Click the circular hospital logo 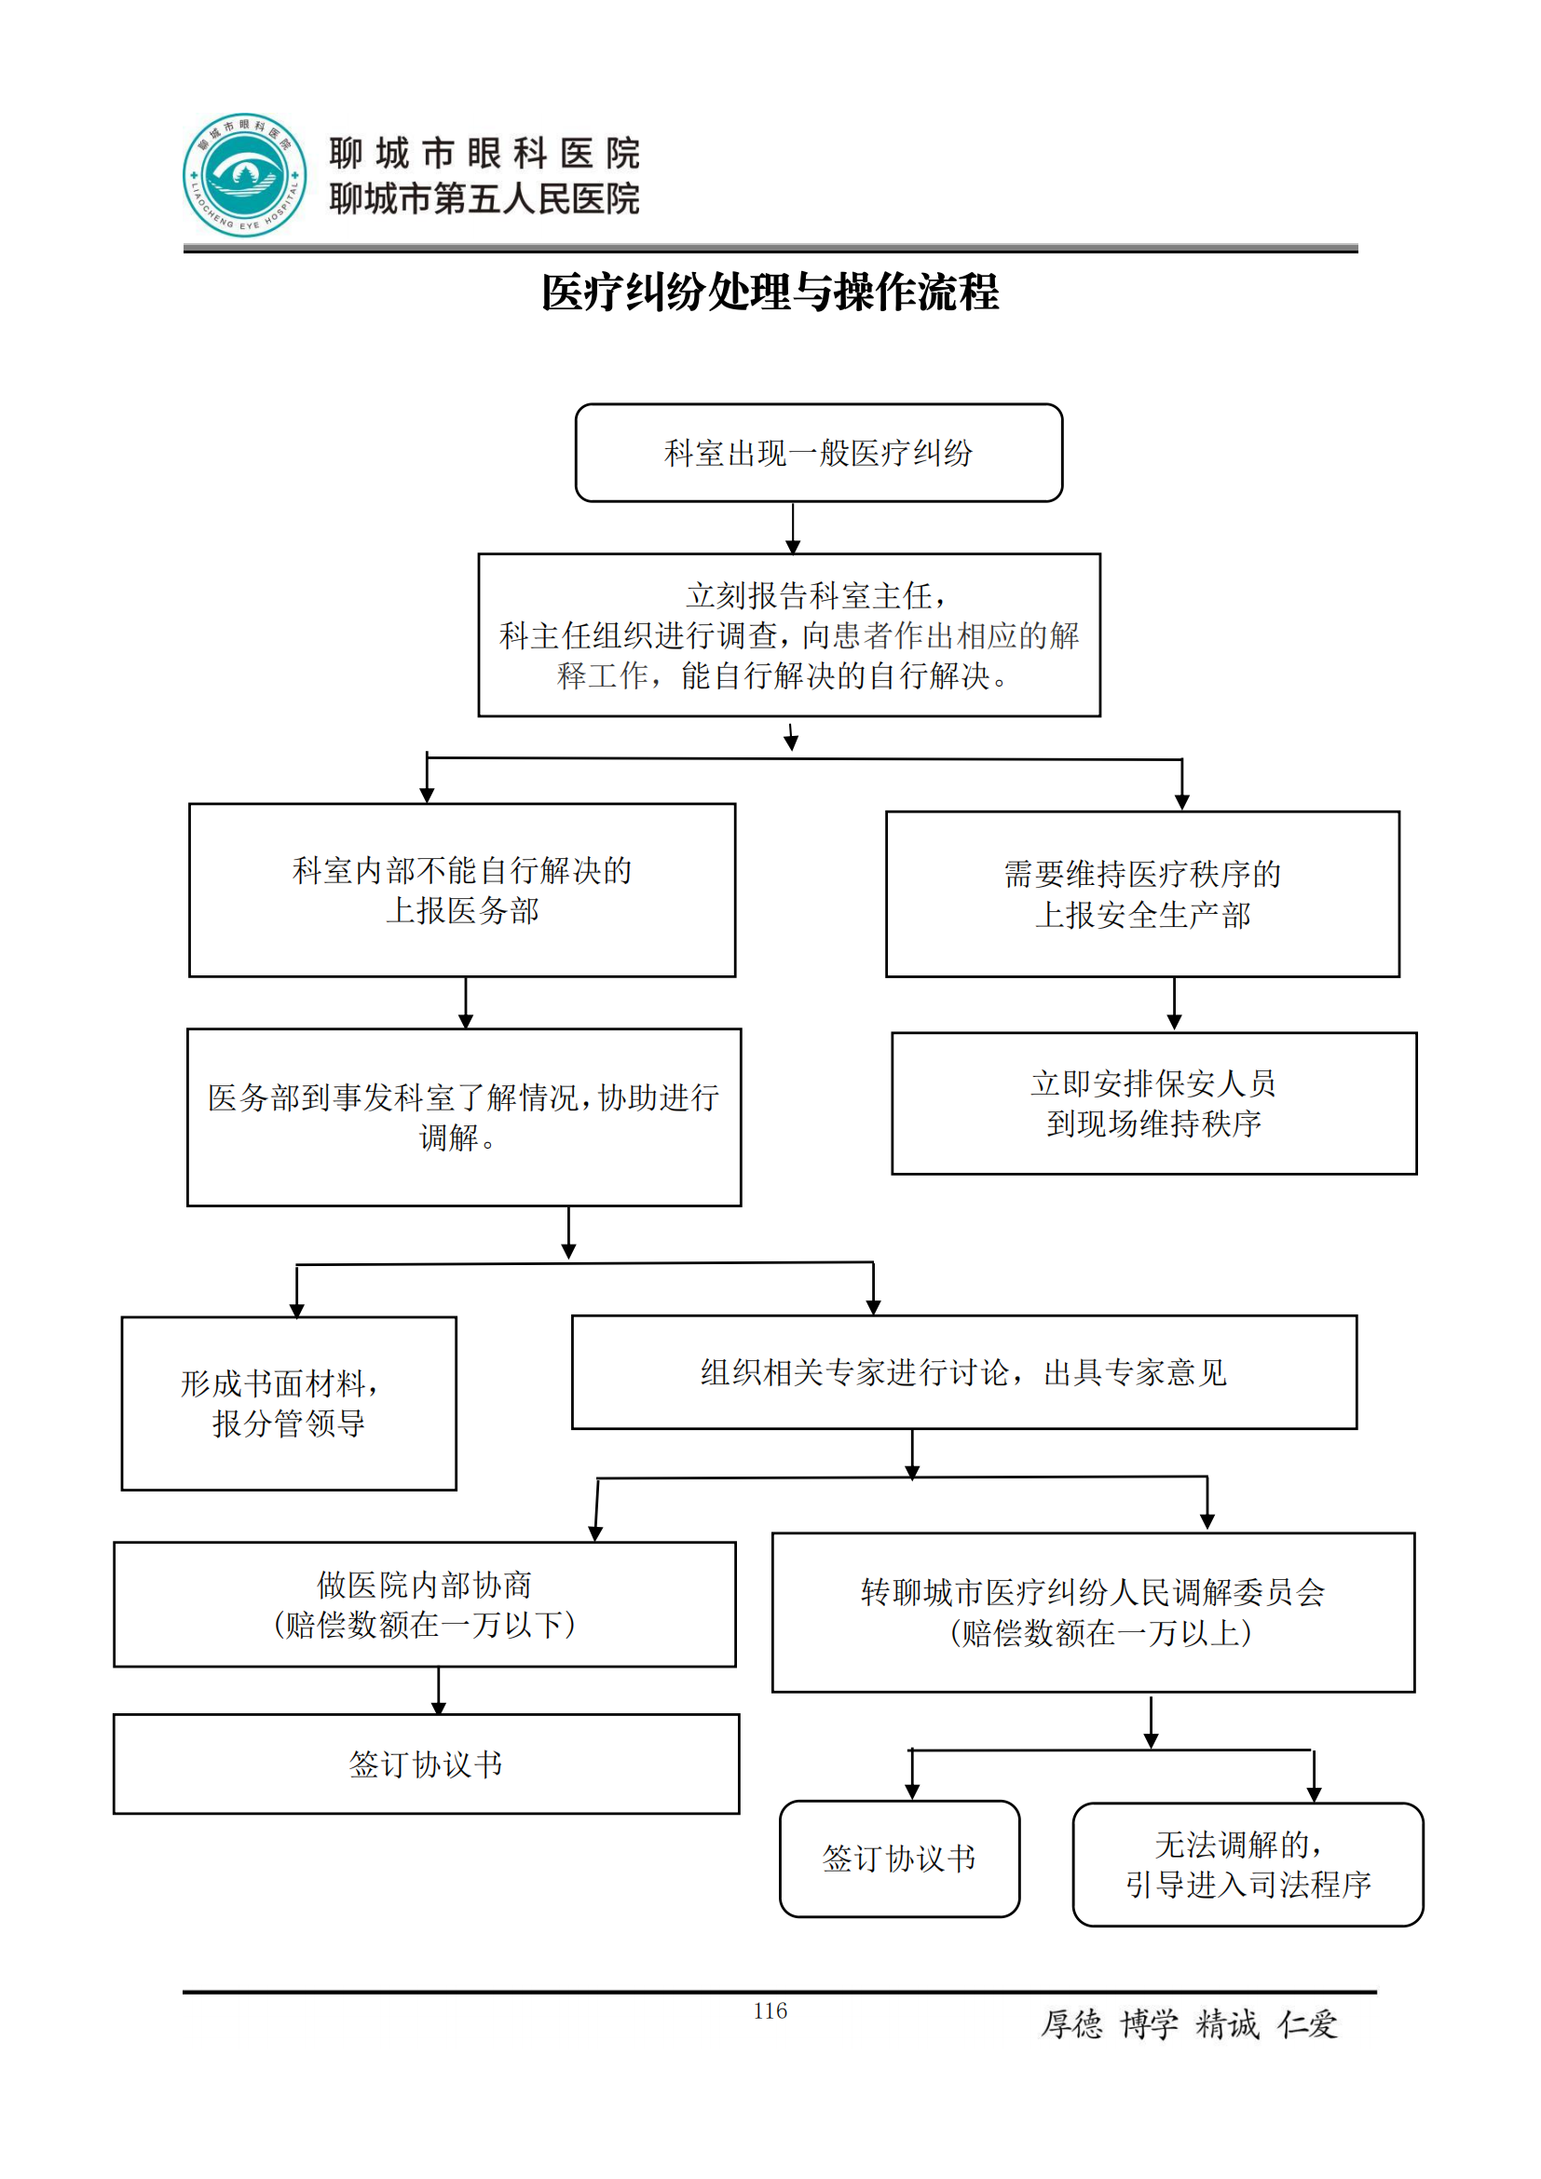(245, 175)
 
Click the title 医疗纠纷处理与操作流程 (770, 292)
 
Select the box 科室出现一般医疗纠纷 (818, 453)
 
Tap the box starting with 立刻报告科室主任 (788, 635)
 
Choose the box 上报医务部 (462, 891)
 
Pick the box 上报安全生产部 (1141, 894)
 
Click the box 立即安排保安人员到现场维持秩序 (1152, 1103)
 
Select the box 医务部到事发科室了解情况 (463, 1117)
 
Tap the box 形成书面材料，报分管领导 (289, 1403)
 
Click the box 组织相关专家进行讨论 (963, 1371)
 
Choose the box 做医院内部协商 (424, 1604)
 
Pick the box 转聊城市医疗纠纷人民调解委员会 (1092, 1612)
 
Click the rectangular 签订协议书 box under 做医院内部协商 (425, 1764)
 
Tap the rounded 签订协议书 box (898, 1859)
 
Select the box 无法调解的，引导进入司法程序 (1247, 1864)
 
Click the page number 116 (770, 2010)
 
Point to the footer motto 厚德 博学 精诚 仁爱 (1189, 2024)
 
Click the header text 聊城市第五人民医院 (484, 199)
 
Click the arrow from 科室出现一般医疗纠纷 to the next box (793, 527)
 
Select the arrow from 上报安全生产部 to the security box (1174, 1004)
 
